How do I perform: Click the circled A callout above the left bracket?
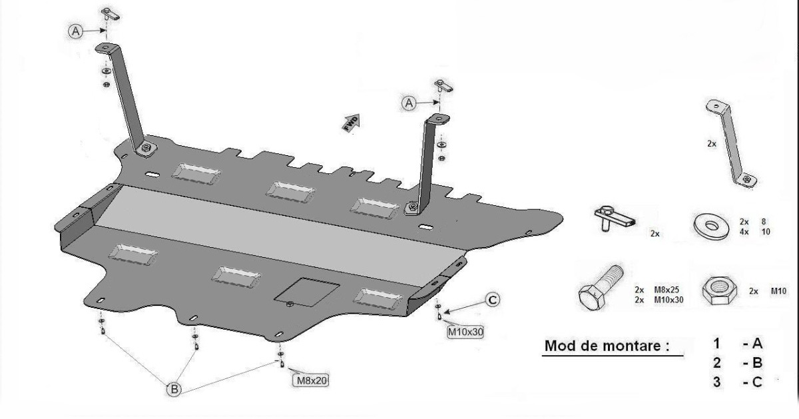[x=76, y=31]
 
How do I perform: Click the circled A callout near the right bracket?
[x=409, y=102]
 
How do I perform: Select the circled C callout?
[x=491, y=300]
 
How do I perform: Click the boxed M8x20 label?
[x=311, y=380]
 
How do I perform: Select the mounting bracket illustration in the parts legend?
[x=732, y=143]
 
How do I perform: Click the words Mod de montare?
[x=606, y=346]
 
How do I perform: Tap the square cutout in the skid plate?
[x=308, y=290]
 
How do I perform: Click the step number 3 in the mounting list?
[x=716, y=383]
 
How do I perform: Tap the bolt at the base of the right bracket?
[x=413, y=209]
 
